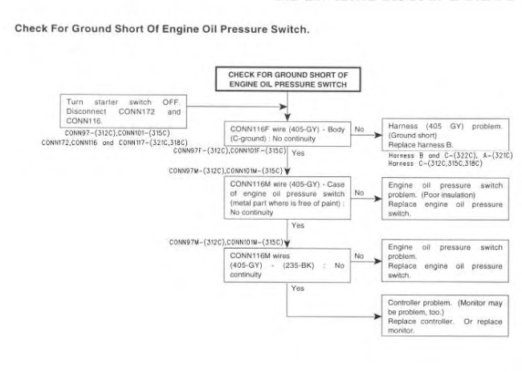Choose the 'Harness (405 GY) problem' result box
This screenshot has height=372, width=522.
pyautogui.click(x=445, y=133)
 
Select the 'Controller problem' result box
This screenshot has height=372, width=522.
pyautogui.click(x=445, y=314)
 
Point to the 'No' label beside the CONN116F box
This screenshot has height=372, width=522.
pyautogui.click(x=359, y=127)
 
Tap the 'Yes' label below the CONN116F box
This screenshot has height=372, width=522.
pyautogui.click(x=299, y=151)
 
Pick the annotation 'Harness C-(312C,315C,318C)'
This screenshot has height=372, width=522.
pyautogui.click(x=438, y=160)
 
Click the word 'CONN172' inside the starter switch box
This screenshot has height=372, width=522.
pyautogui.click(x=128, y=110)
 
